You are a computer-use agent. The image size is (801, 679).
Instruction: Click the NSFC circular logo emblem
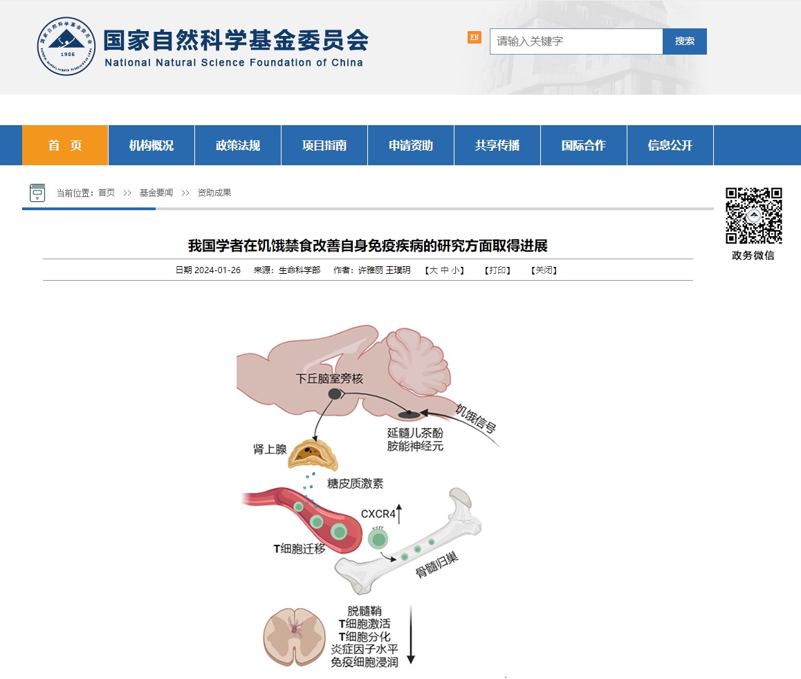(x=66, y=46)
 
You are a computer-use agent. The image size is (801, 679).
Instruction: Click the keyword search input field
(x=576, y=41)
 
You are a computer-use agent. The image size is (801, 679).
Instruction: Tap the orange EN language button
(x=474, y=37)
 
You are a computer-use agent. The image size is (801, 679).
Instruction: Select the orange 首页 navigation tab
(x=65, y=145)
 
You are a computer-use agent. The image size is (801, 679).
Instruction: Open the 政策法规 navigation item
(x=238, y=145)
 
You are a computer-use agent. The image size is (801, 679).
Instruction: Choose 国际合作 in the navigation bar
(x=584, y=145)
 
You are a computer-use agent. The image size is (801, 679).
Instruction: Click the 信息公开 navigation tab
(x=670, y=145)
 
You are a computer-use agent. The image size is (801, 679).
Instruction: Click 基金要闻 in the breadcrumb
(x=156, y=192)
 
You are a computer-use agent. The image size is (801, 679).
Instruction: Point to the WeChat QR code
(x=754, y=216)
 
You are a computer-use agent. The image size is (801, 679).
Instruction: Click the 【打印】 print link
(x=497, y=270)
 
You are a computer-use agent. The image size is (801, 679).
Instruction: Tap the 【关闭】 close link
(x=544, y=270)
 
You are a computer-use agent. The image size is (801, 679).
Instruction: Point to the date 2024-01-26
(x=218, y=270)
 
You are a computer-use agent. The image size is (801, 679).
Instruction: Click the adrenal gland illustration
(x=313, y=454)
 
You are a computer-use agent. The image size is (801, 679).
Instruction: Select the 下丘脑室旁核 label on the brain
(x=329, y=378)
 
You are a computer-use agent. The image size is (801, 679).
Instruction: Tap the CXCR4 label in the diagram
(x=378, y=514)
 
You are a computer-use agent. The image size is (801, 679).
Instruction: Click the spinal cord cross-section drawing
(x=294, y=637)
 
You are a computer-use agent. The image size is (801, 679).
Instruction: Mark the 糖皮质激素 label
(x=355, y=483)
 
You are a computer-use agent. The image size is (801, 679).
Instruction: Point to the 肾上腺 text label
(x=270, y=449)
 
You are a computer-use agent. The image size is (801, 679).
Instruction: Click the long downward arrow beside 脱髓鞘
(x=411, y=635)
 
